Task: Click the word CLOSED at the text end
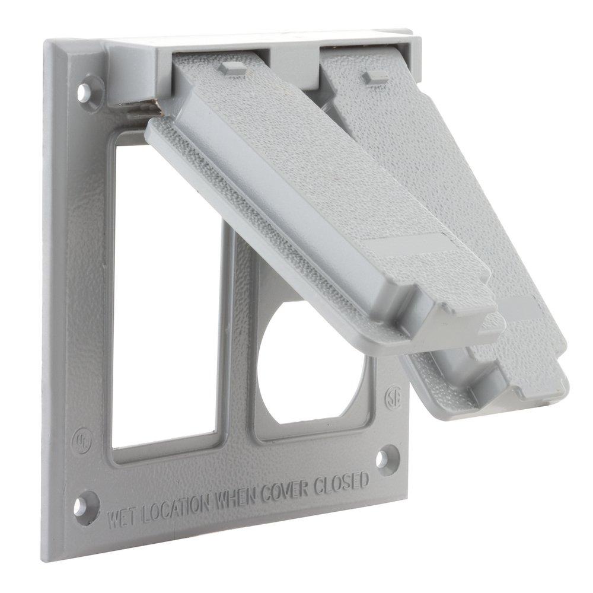[x=346, y=481]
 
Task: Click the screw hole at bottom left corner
[x=80, y=503]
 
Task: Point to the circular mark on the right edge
[x=393, y=396]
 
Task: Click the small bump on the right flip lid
[x=374, y=76]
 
